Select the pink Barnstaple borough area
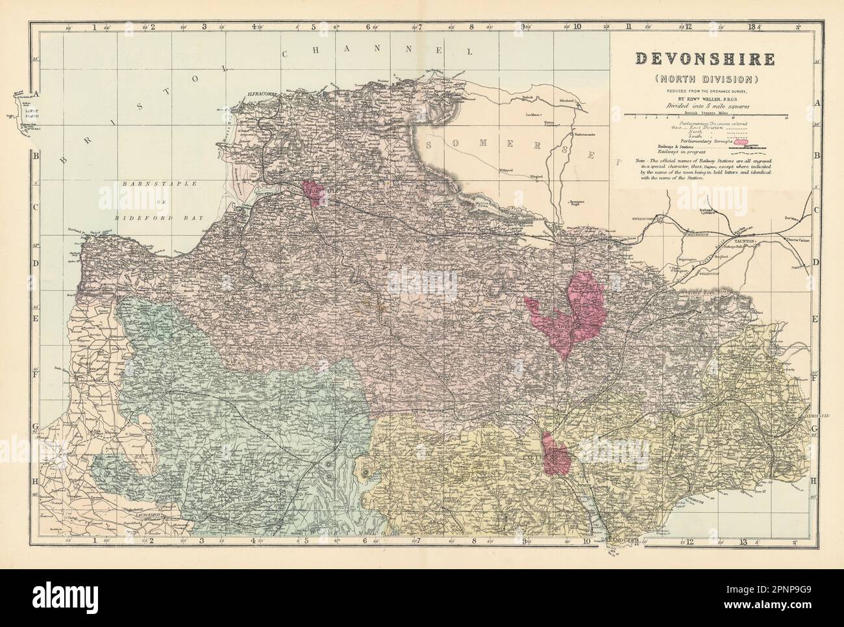pyautogui.click(x=316, y=192)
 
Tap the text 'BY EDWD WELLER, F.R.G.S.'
pyautogui.click(x=705, y=99)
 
